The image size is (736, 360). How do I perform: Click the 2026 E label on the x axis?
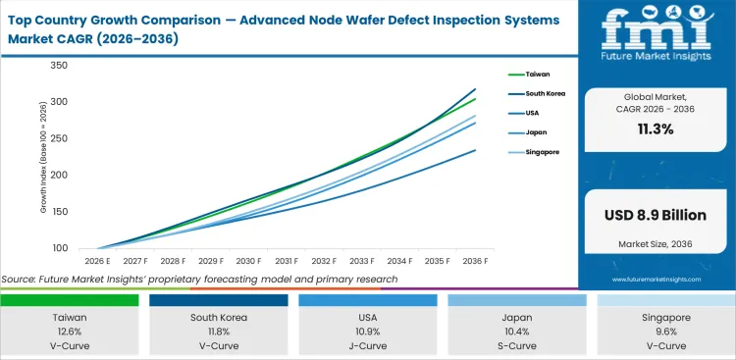(x=96, y=261)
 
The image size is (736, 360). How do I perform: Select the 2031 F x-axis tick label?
(x=288, y=261)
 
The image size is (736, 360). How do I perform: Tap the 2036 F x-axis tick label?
(x=476, y=261)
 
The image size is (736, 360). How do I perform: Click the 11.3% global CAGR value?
(x=655, y=129)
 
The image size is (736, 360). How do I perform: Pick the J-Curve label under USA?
(x=368, y=346)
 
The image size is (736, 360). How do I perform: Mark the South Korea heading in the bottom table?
(x=220, y=318)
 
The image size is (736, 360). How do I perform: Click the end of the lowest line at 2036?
(x=476, y=150)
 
